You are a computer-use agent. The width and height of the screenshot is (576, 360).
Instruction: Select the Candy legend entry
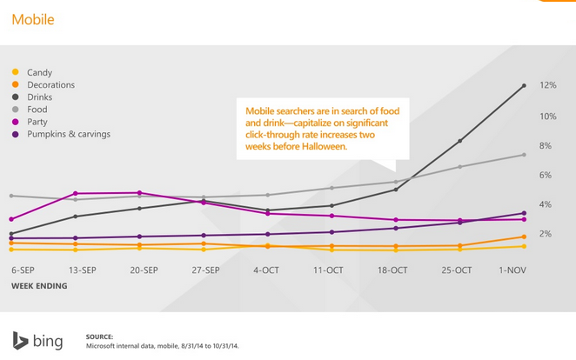tap(39, 73)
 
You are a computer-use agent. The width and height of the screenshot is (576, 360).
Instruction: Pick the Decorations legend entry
tap(50, 85)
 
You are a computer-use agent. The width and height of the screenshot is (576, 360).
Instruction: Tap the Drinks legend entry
tap(40, 97)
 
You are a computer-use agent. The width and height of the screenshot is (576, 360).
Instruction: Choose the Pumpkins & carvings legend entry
tap(69, 134)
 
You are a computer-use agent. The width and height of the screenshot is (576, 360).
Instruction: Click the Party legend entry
tap(37, 122)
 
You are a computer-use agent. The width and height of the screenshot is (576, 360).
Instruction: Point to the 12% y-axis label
tap(548, 86)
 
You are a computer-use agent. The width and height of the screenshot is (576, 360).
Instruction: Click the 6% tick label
tap(546, 176)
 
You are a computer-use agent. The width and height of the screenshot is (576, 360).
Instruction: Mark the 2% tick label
tap(546, 234)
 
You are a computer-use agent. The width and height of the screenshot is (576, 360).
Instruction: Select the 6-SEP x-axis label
tap(23, 270)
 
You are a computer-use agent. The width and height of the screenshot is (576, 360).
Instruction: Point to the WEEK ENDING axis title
tap(38, 285)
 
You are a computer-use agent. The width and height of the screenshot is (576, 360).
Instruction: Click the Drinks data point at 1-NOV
tap(524, 85)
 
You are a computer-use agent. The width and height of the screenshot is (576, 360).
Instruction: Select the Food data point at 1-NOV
tap(524, 155)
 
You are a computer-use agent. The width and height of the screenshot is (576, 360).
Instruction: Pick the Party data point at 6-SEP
tap(11, 219)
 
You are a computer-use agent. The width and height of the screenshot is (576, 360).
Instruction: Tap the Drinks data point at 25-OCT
tap(459, 141)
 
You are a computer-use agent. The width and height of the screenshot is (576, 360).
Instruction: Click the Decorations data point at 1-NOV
tap(524, 237)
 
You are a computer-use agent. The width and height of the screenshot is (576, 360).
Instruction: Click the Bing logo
tap(37, 341)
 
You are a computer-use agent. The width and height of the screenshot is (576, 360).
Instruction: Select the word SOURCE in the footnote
tap(100, 336)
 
